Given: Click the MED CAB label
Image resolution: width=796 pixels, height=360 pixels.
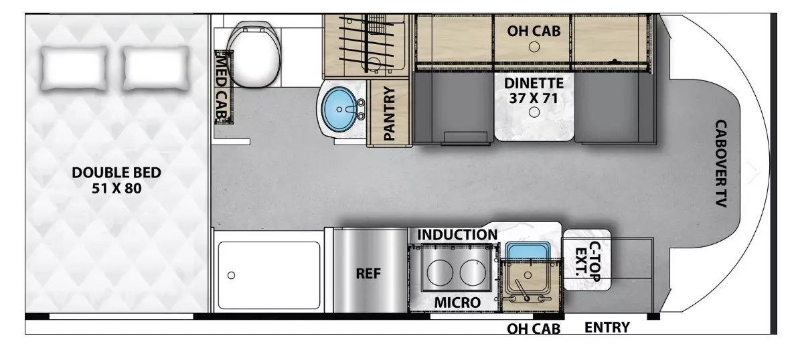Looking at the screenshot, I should pyautogui.click(x=220, y=87).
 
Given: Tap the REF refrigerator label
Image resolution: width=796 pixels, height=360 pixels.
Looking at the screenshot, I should pyautogui.click(x=368, y=274).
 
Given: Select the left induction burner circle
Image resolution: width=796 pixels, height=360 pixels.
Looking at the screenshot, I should pyautogui.click(x=439, y=273).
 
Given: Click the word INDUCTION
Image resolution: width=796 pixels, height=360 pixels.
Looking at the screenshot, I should pyautogui.click(x=457, y=235).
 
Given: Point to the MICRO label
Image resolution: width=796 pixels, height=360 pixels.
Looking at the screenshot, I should pyautogui.click(x=457, y=302).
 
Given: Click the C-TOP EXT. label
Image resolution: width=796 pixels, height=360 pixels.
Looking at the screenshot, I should pyautogui.click(x=588, y=260).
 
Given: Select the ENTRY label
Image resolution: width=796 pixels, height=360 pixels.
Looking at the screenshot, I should pyautogui.click(x=607, y=327).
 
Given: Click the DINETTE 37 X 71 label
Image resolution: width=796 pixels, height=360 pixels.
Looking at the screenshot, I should pyautogui.click(x=534, y=90).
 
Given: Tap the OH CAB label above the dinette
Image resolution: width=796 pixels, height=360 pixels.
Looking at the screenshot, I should pyautogui.click(x=534, y=29).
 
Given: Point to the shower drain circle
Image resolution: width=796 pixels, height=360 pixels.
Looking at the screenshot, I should pyautogui.click(x=232, y=275).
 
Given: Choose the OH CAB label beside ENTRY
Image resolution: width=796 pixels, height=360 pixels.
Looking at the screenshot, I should pyautogui.click(x=533, y=329).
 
